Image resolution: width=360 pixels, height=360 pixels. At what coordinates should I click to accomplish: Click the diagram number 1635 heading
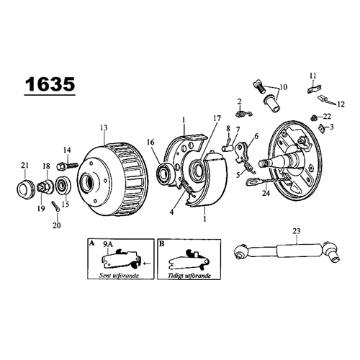point(50,84)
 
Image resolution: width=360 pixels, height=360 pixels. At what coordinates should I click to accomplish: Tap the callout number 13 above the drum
point(104,127)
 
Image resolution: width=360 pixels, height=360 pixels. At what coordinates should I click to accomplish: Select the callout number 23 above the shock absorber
point(297,231)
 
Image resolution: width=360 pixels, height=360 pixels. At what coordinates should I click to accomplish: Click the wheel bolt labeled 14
point(68,166)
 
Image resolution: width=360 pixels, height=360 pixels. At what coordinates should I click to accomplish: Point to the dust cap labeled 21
point(25,189)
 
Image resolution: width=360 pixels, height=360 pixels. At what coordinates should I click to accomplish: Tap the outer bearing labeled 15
point(63,186)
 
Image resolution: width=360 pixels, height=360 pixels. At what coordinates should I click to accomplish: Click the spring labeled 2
point(243,114)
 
